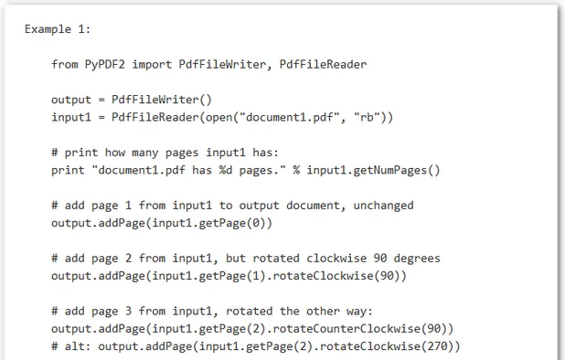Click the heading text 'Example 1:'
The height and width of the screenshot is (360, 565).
[58, 29]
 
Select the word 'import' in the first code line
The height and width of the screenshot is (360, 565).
[157, 64]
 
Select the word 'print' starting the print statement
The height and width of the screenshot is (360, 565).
[69, 170]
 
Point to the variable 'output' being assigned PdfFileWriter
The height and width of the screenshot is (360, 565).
[72, 99]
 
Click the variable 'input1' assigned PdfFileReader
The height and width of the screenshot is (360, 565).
[72, 117]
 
